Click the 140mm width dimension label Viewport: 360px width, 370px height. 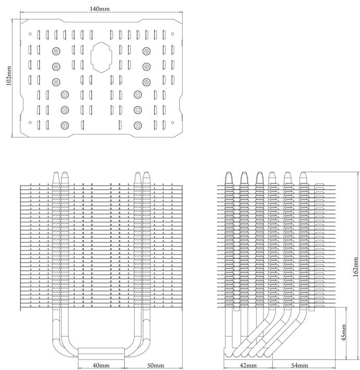100,9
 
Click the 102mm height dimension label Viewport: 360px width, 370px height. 8,76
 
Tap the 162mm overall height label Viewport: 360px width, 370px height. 355,267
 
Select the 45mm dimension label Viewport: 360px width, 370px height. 344,332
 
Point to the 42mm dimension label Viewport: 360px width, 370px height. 248,365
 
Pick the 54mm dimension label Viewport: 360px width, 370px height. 299,365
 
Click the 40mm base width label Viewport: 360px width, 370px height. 101,365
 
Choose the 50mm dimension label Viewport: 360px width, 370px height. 155,365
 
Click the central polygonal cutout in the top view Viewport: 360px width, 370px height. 101,57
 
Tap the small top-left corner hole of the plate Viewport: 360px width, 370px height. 30,34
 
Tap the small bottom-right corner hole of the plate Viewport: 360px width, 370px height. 173,122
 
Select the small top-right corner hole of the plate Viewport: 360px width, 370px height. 173,34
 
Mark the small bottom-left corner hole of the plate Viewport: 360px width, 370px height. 30,122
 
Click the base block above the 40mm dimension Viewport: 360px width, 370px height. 101,353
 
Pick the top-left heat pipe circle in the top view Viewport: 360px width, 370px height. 56,51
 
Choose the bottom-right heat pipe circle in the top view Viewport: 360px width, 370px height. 138,126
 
